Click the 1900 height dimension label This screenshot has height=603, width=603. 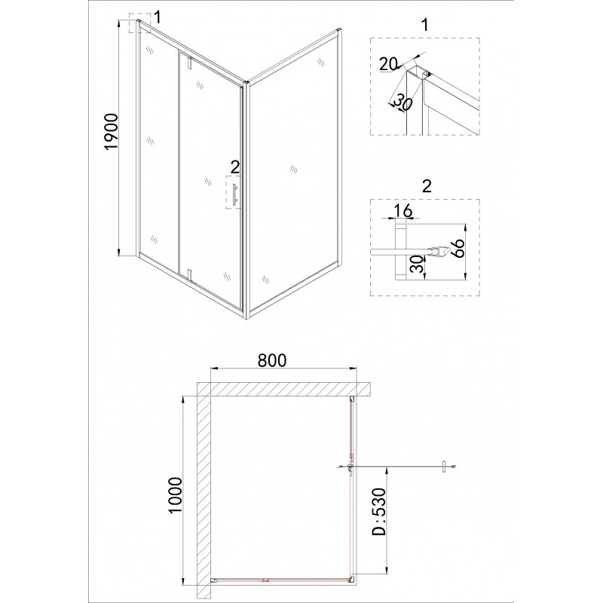(111, 131)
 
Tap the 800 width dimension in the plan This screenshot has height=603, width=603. (272, 360)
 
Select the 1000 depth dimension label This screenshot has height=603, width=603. (175, 495)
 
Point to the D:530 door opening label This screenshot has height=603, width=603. (379, 512)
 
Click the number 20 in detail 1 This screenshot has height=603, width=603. (387, 64)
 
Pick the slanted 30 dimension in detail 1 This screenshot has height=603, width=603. (403, 103)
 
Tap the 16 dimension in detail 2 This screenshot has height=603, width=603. (403, 210)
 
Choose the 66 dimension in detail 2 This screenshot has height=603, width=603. (459, 248)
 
